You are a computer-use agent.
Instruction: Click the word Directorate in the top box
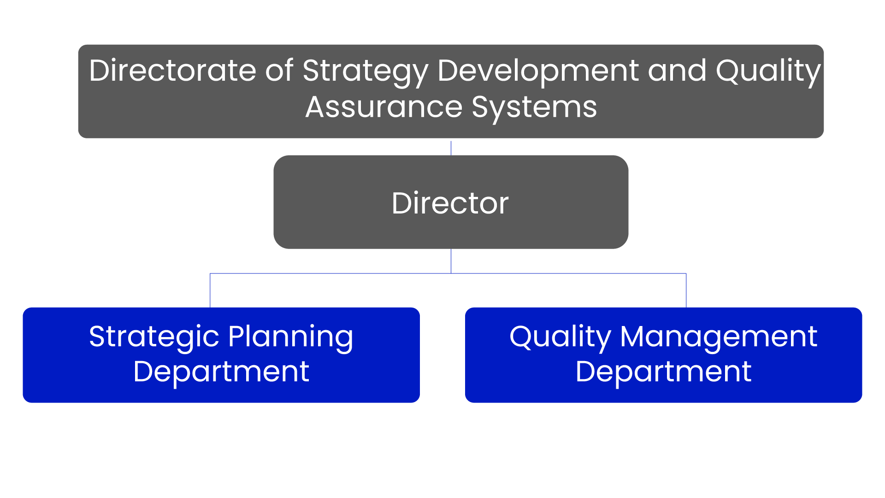tap(172, 71)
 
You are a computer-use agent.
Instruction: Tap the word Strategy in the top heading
tap(366, 72)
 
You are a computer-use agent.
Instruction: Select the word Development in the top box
tap(538, 72)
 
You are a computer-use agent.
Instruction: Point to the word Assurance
tap(384, 107)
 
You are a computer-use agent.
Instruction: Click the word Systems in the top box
tap(534, 109)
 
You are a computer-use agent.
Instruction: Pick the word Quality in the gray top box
tap(768, 72)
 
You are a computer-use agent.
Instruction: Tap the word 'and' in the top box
tap(677, 71)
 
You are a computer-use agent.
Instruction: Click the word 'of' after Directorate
tap(279, 71)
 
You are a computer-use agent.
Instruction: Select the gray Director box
tap(451, 202)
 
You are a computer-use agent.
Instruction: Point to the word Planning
tap(291, 338)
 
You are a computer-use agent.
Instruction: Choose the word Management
tap(719, 338)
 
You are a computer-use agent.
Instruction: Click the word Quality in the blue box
tap(560, 338)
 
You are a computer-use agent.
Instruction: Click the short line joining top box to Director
tap(451, 148)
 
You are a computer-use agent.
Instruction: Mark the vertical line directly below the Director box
tap(451, 261)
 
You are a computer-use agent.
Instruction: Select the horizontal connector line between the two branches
tap(448, 273)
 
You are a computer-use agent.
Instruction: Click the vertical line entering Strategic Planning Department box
tap(210, 290)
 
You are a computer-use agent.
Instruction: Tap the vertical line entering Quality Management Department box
tap(686, 290)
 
